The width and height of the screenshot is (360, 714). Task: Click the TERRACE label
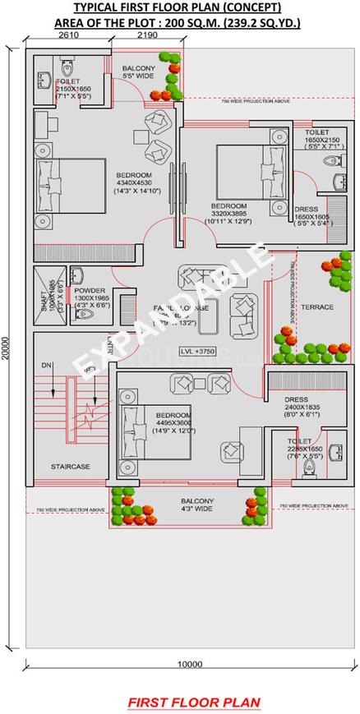(x=317, y=306)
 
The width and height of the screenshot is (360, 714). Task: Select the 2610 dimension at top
(x=68, y=36)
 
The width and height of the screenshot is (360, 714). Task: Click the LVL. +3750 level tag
(x=199, y=351)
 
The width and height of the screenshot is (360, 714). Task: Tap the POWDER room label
(x=88, y=290)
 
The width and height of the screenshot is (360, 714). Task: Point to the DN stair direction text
(x=46, y=364)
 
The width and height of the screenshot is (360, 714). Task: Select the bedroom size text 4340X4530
(x=132, y=183)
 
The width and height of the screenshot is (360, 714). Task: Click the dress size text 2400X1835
(x=297, y=408)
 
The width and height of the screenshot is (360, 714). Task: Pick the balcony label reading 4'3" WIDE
(x=197, y=509)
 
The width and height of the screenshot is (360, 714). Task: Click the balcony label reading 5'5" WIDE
(x=140, y=76)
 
